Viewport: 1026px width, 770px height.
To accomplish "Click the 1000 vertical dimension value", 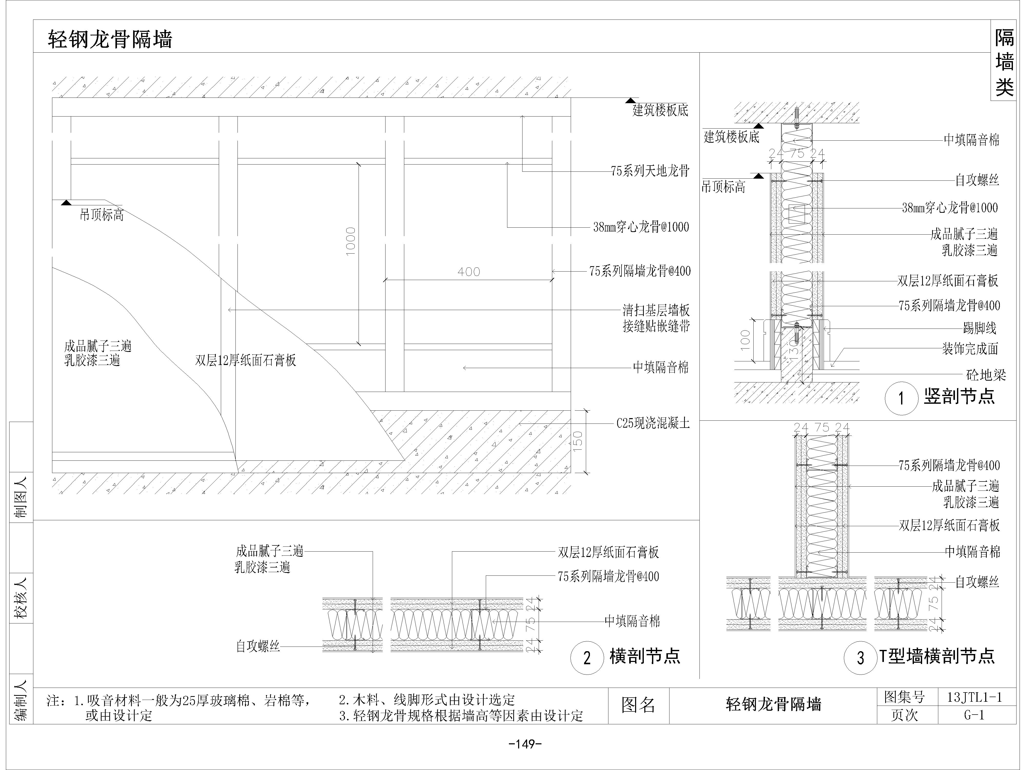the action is pos(351,241).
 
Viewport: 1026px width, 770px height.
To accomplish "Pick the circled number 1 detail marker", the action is pos(901,398).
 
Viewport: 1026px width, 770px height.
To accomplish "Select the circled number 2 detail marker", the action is pos(587,658).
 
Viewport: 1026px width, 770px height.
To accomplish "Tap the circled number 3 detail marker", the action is pos(860,658).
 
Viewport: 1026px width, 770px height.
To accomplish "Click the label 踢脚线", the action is pos(980,328).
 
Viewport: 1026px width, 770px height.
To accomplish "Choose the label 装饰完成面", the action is pos(970,349).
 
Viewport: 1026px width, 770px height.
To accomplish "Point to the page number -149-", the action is pos(526,744).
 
